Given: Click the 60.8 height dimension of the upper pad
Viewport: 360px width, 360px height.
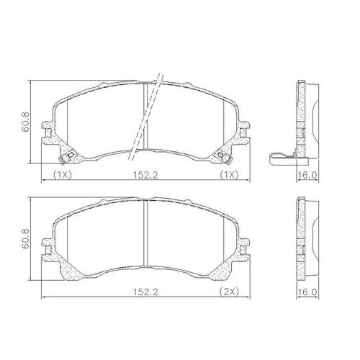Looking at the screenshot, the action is coord(25,122).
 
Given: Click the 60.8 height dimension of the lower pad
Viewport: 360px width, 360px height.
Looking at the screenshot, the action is coord(25,238).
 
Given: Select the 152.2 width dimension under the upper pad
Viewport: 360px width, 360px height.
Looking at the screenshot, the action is coord(145,175).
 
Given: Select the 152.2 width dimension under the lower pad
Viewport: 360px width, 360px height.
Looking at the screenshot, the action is coord(145,292).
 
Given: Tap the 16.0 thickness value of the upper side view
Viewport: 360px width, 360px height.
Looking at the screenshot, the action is coord(307,175).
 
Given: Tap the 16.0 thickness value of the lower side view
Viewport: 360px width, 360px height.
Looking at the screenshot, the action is coord(307,292).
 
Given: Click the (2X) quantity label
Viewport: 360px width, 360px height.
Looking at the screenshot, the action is coord(229,292).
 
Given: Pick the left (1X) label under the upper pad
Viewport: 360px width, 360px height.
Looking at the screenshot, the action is coord(63,175).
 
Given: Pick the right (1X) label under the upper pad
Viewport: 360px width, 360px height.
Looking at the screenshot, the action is coord(229,175).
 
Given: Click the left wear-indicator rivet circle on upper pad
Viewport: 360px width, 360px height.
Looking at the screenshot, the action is coord(71,156).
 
